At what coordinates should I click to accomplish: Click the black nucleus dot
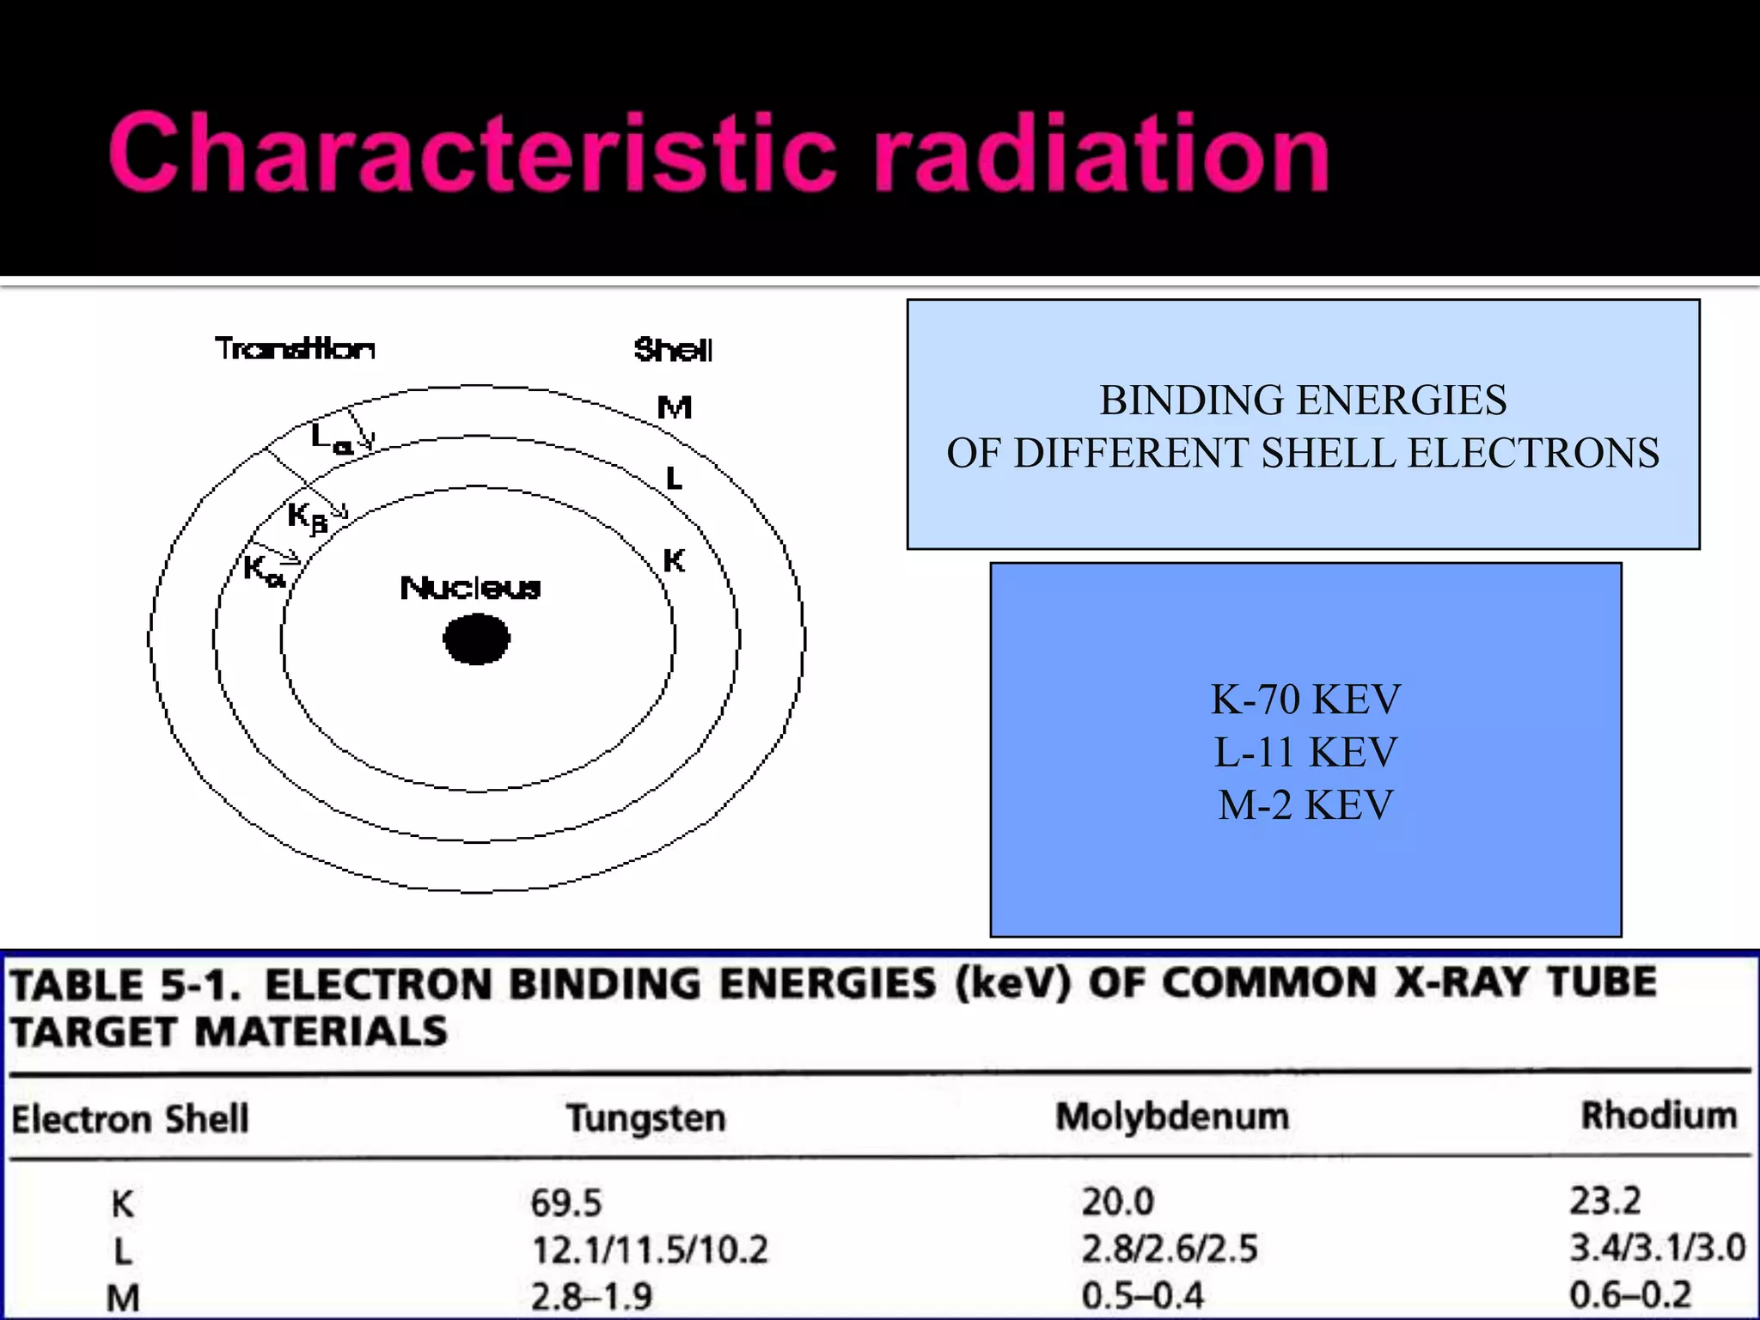(x=476, y=639)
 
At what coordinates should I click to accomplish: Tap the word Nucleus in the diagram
(x=471, y=589)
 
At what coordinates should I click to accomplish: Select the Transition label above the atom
(x=295, y=349)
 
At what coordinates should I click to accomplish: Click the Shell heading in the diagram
(x=673, y=350)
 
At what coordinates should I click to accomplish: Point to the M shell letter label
(x=675, y=407)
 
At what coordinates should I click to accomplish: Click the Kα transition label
(x=263, y=570)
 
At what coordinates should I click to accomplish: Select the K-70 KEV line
(x=1305, y=700)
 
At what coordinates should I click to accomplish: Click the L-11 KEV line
(x=1305, y=753)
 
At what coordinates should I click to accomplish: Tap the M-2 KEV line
(x=1305, y=806)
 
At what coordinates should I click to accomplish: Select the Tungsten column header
(x=646, y=1118)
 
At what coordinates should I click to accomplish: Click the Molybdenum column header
(x=1172, y=1116)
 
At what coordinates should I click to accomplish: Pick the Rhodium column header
(x=1659, y=1115)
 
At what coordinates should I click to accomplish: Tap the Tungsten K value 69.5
(x=566, y=1202)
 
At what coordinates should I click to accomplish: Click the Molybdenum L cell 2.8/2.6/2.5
(x=1170, y=1249)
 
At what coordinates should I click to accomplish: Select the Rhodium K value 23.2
(x=1605, y=1201)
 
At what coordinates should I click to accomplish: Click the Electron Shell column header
(x=130, y=1119)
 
